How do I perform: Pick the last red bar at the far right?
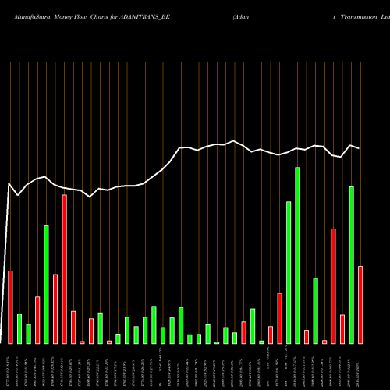tap(360, 304)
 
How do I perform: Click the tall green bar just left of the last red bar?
tap(351, 264)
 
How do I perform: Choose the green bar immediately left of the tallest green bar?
tap(289, 272)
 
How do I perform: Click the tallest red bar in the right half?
tap(333, 285)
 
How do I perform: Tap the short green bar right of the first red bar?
tap(19, 328)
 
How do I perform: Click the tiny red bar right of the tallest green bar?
tap(307, 337)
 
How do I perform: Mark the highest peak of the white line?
tap(233, 141)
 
